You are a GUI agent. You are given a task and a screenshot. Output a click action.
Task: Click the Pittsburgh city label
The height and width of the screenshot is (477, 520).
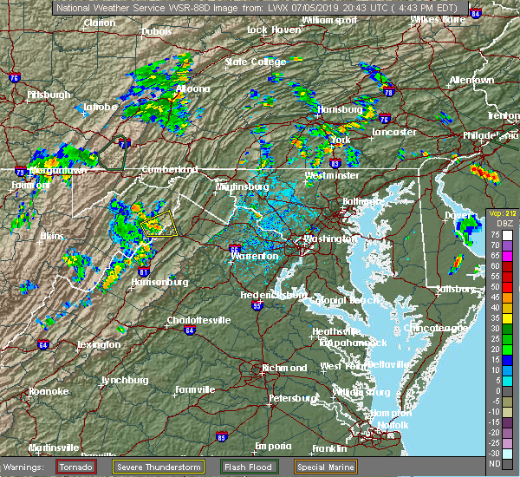tap(49, 94)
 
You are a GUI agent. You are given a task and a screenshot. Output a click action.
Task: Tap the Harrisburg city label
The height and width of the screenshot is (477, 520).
tap(339, 110)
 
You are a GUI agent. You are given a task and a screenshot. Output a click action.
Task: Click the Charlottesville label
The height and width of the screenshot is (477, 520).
tap(198, 320)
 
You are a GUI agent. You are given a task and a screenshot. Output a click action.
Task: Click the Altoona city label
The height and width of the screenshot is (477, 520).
tap(190, 88)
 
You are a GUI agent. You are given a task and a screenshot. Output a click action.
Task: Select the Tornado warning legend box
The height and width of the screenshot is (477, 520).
tap(76, 467)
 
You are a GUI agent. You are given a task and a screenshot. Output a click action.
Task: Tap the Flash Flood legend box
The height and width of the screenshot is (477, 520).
tap(250, 467)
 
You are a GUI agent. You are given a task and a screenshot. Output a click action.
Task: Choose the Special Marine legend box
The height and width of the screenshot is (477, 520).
tap(323, 467)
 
